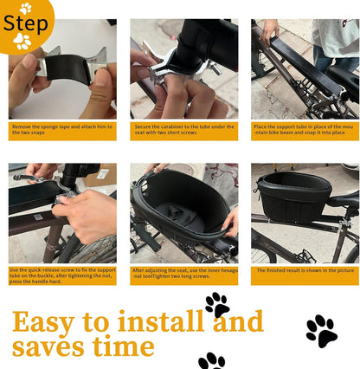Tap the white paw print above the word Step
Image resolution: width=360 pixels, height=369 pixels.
pos(26,7)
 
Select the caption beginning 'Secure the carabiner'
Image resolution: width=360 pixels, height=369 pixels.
pos(183,131)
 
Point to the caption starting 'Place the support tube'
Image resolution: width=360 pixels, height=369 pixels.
pos(305,131)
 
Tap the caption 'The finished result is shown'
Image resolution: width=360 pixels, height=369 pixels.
pos(305,269)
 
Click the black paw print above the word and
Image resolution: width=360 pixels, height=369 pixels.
pos(217,304)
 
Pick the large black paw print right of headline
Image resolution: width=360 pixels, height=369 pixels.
pos(321,331)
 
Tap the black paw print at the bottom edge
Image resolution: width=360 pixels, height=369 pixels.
pos(211,360)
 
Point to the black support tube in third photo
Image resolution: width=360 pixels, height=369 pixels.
pos(294,74)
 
